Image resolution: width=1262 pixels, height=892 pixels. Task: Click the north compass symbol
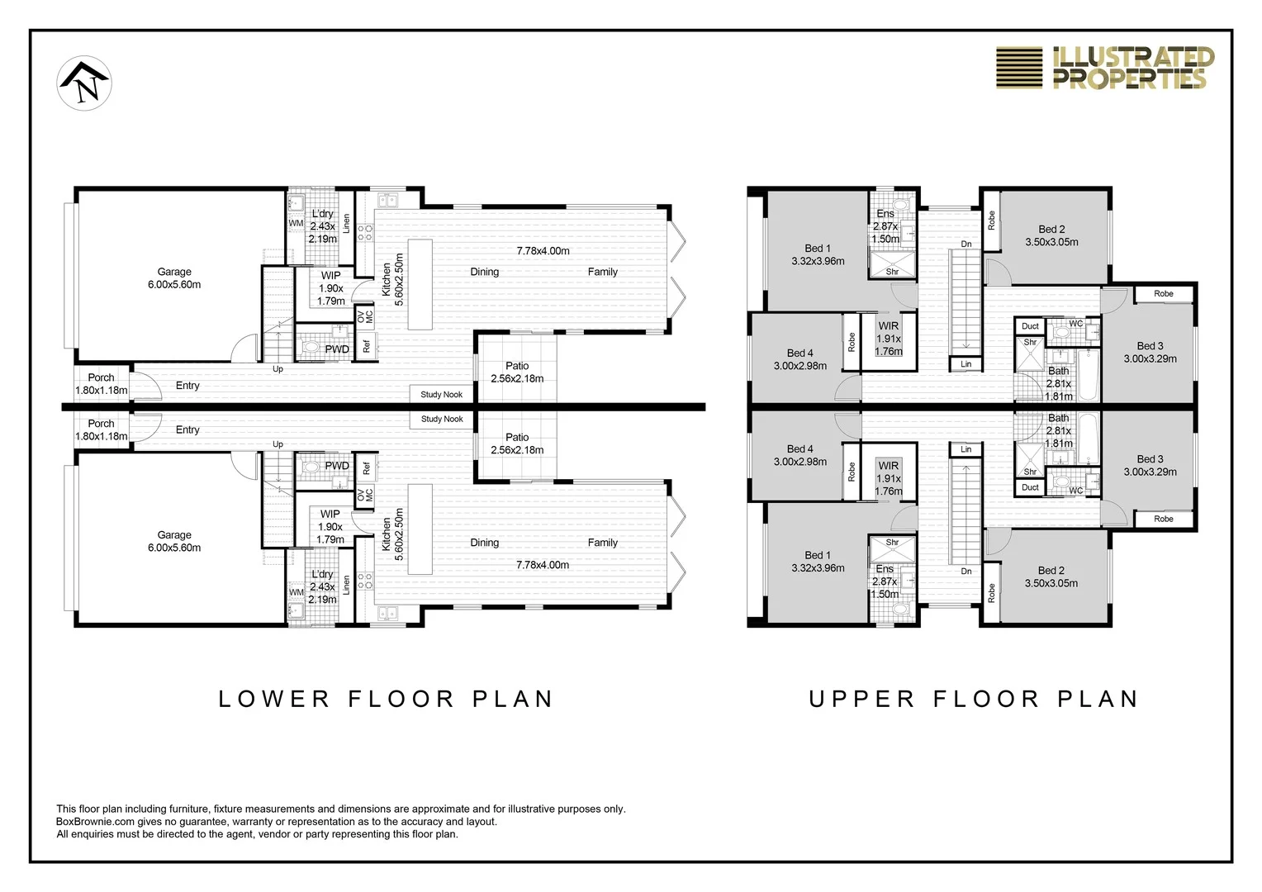(x=84, y=83)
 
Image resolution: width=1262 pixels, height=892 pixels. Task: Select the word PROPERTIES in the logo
(x=1130, y=79)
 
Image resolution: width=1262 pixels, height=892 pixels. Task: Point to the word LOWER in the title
(x=274, y=699)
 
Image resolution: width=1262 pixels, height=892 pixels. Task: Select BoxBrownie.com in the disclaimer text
(x=95, y=822)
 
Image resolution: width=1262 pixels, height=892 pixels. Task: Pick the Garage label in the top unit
(x=174, y=272)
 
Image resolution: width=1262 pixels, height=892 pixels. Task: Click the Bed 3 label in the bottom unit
(x=1150, y=458)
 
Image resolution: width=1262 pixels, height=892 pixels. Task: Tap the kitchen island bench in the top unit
(x=420, y=284)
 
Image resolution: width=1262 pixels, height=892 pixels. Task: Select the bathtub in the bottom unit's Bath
(x=1089, y=439)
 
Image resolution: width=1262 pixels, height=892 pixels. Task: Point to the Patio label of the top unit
(x=517, y=366)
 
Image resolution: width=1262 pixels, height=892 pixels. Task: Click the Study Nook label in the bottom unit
(x=442, y=419)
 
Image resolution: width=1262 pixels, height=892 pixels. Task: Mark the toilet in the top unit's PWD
(x=311, y=347)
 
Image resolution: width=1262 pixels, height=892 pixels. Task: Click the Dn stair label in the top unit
(x=966, y=244)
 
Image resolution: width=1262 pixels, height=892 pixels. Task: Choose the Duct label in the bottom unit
(x=1030, y=487)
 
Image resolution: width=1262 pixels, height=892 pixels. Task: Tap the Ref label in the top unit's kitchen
(x=367, y=345)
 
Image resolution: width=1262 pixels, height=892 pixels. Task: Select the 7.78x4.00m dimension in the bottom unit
(x=543, y=565)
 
